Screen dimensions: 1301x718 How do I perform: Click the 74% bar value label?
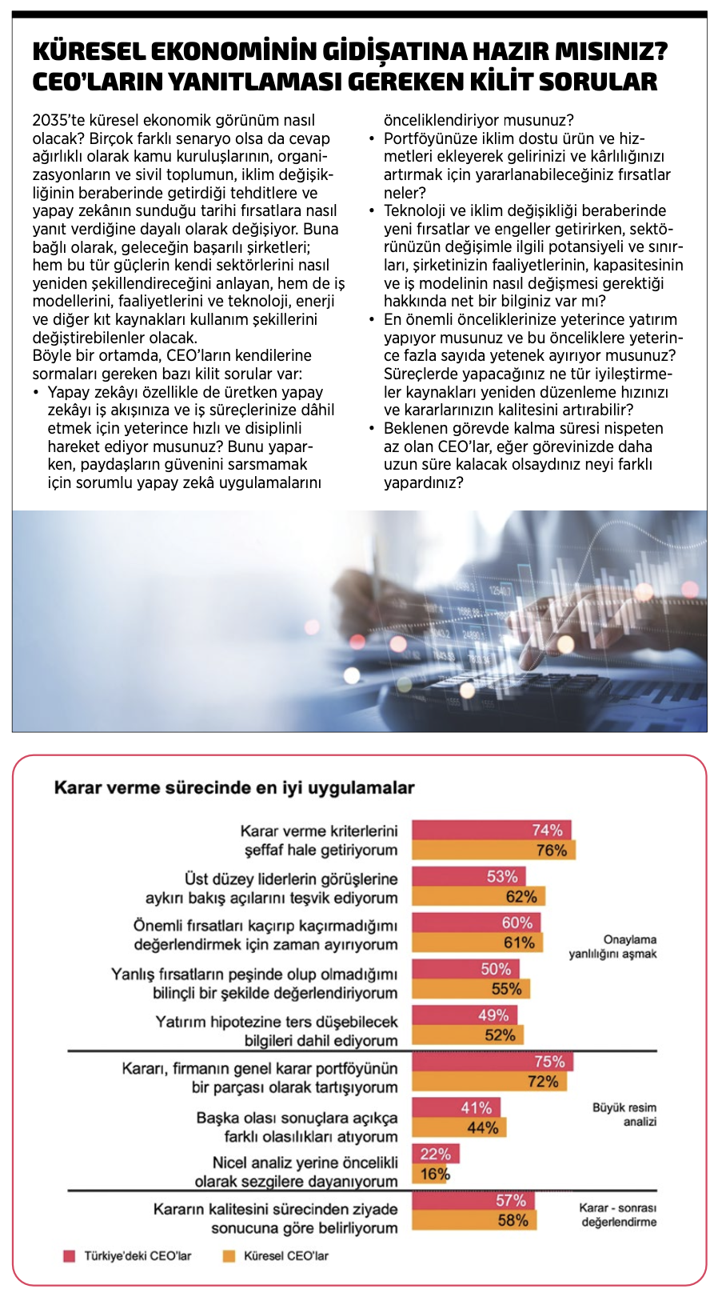(x=547, y=830)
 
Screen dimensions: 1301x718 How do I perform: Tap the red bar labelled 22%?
(x=436, y=1154)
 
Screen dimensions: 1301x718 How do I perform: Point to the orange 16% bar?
(x=432, y=1174)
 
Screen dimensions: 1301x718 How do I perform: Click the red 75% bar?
(x=493, y=1062)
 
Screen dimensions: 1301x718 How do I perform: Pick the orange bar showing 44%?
(x=459, y=1128)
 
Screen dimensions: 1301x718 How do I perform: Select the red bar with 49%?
(x=465, y=1015)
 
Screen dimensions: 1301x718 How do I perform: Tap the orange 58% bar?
(x=474, y=1220)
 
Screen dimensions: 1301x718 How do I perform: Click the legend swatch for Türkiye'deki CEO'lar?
(x=70, y=1256)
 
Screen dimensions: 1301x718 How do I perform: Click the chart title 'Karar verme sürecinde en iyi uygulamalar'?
(x=234, y=787)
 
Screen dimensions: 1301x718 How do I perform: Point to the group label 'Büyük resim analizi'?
(x=624, y=1115)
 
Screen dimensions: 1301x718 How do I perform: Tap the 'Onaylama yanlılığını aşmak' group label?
(x=613, y=947)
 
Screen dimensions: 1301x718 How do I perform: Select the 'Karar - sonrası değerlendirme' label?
(x=618, y=1215)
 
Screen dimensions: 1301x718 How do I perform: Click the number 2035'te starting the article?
(x=59, y=120)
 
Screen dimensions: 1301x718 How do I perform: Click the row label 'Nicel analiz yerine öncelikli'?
(x=305, y=1163)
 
